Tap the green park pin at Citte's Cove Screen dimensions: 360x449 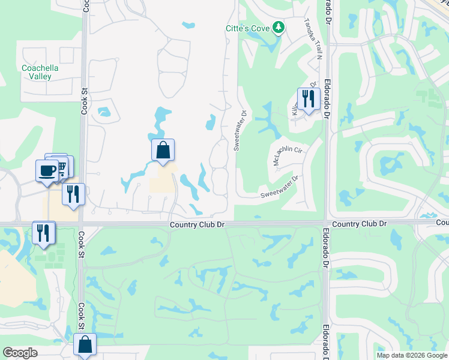click(x=278, y=28)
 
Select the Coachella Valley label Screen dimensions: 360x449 click(x=40, y=72)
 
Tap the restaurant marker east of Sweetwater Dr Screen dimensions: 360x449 click(x=307, y=99)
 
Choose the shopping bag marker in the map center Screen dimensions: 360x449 click(x=163, y=150)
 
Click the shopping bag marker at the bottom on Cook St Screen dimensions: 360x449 click(x=85, y=345)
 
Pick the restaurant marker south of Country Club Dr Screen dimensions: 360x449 click(x=43, y=233)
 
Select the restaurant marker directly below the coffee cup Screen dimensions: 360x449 click(x=73, y=194)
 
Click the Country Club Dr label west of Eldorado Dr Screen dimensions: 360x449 click(x=197, y=224)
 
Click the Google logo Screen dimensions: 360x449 click(x=20, y=353)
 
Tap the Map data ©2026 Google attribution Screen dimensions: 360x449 click(x=412, y=355)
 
